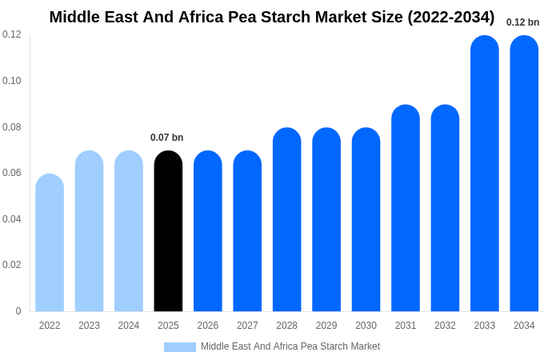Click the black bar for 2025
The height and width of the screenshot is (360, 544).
[168, 232]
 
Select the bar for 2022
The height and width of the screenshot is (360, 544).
[50, 243]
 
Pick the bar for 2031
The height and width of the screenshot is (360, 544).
[406, 209]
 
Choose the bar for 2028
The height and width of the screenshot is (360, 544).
[286, 220]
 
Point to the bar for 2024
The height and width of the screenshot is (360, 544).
[129, 232]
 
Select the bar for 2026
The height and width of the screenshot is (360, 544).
[208, 232]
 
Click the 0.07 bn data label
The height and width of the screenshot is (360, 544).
[167, 138]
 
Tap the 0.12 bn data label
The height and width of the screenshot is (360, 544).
[522, 22]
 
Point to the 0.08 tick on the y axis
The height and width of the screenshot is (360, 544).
[12, 127]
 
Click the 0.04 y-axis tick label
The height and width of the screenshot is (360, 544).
[12, 219]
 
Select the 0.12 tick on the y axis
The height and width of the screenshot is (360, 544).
[12, 34]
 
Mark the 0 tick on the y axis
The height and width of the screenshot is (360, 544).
[18, 311]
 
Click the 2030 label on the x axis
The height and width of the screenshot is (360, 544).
[366, 326]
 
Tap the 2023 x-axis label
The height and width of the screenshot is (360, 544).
[89, 326]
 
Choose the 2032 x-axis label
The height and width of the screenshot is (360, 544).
[445, 326]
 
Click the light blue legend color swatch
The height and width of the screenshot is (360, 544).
[180, 347]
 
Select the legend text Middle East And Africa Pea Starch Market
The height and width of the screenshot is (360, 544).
[290, 346]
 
